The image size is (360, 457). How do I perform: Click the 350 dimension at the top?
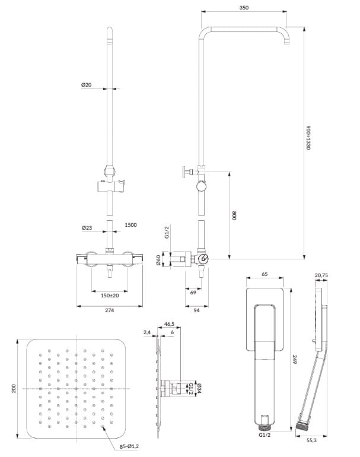tap(244, 8)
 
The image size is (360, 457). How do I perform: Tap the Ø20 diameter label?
tap(86, 85)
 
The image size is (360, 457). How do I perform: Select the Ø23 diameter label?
tap(87, 228)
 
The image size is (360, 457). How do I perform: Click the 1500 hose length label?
tap(130, 225)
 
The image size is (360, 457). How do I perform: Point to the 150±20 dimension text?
tap(110, 295)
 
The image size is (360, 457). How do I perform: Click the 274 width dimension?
tap(109, 310)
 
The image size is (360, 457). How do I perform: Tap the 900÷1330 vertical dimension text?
tap(308, 138)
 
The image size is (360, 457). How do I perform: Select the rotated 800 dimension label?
tap(235, 215)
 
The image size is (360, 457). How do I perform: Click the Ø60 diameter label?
tap(158, 260)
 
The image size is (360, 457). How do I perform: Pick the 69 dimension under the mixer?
tap(193, 293)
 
